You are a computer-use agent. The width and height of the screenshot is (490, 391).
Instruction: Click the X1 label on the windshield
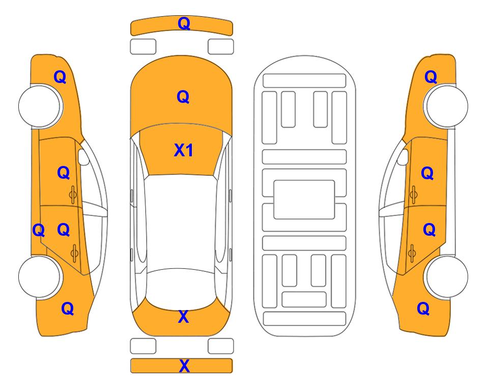tap(184, 150)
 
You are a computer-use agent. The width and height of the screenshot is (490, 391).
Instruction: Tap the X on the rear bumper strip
tap(184, 366)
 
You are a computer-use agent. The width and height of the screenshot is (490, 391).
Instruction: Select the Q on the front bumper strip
tap(184, 23)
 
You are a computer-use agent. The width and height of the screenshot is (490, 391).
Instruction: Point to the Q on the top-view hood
tap(183, 97)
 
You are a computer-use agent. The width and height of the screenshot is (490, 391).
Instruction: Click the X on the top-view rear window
tap(184, 317)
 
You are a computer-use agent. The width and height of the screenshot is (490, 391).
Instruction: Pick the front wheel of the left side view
tap(40, 106)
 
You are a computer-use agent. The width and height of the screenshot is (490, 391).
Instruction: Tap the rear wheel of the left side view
tap(40, 276)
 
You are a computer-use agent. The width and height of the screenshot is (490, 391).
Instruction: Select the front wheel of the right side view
tap(447, 106)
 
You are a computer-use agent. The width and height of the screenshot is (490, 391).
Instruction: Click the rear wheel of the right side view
tap(447, 276)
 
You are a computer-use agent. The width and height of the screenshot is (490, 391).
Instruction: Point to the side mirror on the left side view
tap(83, 157)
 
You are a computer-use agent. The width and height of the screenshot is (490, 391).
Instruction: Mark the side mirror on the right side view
tap(403, 157)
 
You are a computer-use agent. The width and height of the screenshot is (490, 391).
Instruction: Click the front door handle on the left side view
tap(73, 194)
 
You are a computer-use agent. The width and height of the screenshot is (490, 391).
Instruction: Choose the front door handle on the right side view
tap(413, 194)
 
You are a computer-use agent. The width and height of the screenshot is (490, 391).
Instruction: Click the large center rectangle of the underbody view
tap(304, 200)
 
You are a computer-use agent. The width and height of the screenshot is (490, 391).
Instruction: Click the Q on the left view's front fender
tap(60, 77)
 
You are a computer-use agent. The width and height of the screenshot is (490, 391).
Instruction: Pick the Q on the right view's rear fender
tap(423, 309)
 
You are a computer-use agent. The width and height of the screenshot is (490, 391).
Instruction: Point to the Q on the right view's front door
tap(427, 173)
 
